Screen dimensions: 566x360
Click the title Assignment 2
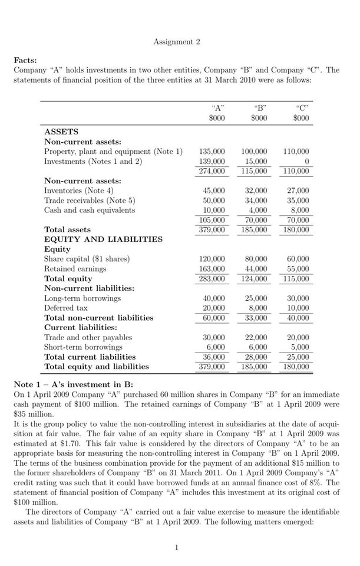coord(177,42)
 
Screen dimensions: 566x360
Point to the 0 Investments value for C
coord(306,161)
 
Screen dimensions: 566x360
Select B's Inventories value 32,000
coord(256,190)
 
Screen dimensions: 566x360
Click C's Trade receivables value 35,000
coord(298,200)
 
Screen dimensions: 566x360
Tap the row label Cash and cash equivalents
coord(90,210)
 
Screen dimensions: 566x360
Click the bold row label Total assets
coord(68,229)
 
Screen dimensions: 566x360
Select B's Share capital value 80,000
coord(256,259)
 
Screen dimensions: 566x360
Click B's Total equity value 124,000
coord(256,278)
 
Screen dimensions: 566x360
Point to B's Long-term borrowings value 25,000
coord(256,298)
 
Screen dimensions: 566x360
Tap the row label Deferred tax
coord(66,308)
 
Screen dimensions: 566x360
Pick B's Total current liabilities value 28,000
coord(256,357)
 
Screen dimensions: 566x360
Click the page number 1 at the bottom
coord(177,548)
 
